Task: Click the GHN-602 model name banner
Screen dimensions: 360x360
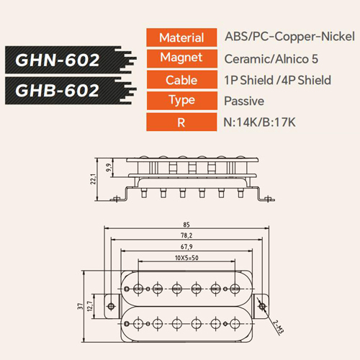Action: point(70,60)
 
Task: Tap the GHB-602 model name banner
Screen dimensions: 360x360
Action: point(70,91)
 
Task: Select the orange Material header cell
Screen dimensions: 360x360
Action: point(181,37)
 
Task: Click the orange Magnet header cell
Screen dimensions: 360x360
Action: point(181,58)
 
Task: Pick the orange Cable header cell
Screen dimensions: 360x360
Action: point(181,80)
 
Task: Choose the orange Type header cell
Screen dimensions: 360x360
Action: point(181,101)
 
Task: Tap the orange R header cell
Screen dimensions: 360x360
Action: point(181,122)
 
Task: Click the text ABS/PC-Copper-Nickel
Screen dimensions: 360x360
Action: point(289,37)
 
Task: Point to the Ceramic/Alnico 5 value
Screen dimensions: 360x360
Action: point(271,59)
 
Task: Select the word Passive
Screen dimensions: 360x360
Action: point(244,101)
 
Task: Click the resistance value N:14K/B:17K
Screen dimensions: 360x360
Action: point(259,122)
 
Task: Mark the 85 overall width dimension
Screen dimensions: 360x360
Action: point(186,225)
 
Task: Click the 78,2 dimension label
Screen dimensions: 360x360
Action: point(186,235)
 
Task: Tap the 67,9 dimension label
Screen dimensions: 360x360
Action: point(186,247)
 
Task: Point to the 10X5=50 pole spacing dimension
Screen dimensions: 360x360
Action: point(186,258)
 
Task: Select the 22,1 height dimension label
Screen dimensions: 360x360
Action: point(93,179)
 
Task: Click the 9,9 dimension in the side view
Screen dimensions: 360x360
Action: point(109,168)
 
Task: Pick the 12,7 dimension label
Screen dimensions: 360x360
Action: point(90,306)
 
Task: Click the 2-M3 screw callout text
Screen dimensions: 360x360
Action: point(279,327)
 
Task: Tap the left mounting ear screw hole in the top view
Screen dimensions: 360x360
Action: point(111,306)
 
